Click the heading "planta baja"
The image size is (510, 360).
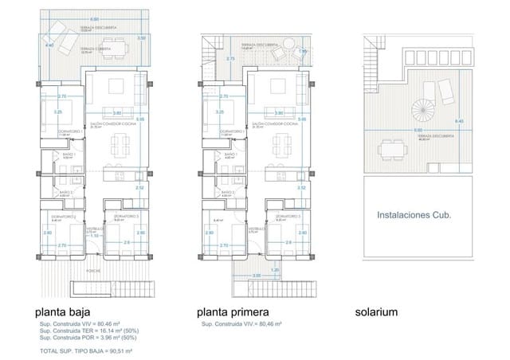[x=61, y=311]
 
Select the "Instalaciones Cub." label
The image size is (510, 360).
[x=414, y=215]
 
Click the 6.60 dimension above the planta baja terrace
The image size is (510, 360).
[x=95, y=19]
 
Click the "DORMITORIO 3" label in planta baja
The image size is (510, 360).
[x=125, y=217]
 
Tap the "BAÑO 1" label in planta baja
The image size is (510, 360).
[x=67, y=155]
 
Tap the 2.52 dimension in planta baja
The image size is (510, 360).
[x=139, y=188]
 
